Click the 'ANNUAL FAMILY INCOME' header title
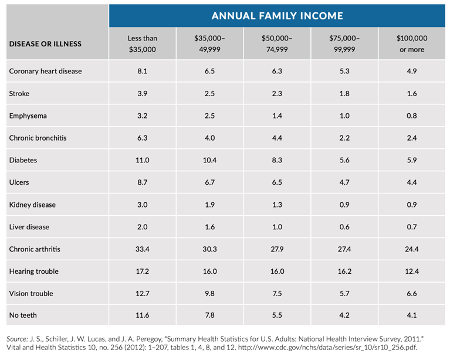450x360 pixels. [277, 16]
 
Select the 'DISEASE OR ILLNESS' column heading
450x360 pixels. [45, 44]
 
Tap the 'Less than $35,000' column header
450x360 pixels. [143, 44]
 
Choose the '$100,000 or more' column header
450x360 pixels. [412, 44]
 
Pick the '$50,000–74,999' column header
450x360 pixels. [277, 44]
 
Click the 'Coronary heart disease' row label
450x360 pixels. [46, 71]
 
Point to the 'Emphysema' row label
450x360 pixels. [28, 116]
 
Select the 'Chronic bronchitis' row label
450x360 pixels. [38, 138]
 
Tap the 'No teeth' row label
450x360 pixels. [23, 315]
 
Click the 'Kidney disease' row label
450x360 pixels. [33, 205]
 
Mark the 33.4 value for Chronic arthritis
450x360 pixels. [143, 249]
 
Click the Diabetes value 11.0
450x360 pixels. [143, 160]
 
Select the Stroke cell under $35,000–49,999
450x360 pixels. [209, 93]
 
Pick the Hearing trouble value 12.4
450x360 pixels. [412, 271]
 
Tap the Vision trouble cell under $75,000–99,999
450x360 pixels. [344, 293]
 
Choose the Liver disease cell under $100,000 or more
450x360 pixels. [412, 227]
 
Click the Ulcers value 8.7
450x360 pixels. [143, 182]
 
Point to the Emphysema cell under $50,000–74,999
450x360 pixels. [277, 116]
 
